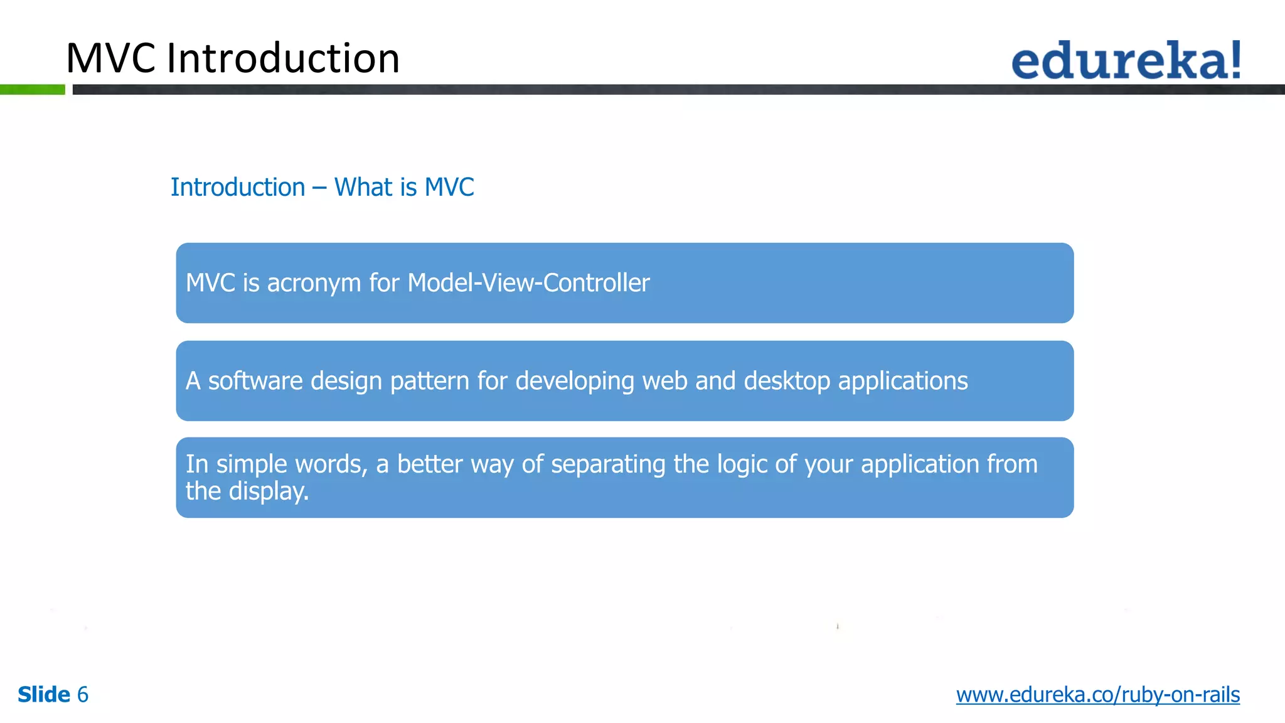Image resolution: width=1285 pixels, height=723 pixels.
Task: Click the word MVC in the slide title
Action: click(110, 58)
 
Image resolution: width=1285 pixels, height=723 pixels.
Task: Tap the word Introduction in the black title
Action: click(283, 58)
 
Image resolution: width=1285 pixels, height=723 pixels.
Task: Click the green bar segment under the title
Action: click(33, 90)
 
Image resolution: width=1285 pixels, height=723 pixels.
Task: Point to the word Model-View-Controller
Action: click(528, 283)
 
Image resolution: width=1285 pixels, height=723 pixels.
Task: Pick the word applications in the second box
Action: click(903, 382)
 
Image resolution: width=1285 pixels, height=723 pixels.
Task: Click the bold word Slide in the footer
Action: click(44, 695)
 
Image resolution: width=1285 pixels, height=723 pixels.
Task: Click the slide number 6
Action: click(82, 695)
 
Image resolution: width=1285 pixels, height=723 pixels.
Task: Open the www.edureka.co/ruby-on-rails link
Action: click(1097, 695)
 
